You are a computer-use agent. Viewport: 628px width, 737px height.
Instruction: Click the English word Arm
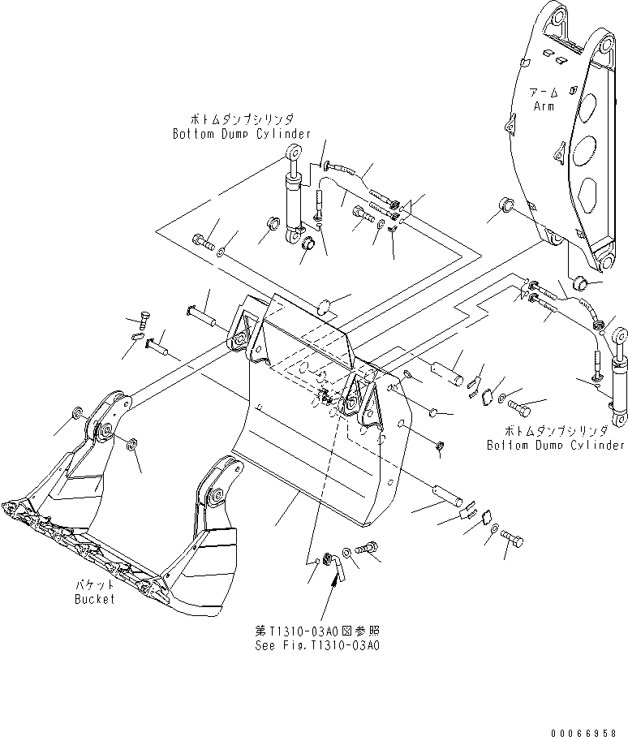click(x=543, y=106)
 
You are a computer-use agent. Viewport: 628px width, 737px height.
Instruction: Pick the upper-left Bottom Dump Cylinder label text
click(x=241, y=133)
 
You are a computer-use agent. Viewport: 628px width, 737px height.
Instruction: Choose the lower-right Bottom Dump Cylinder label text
click(x=556, y=445)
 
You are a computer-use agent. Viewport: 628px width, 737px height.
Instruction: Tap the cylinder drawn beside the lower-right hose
click(x=619, y=365)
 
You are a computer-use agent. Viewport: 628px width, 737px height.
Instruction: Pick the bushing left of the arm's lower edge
click(x=507, y=204)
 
